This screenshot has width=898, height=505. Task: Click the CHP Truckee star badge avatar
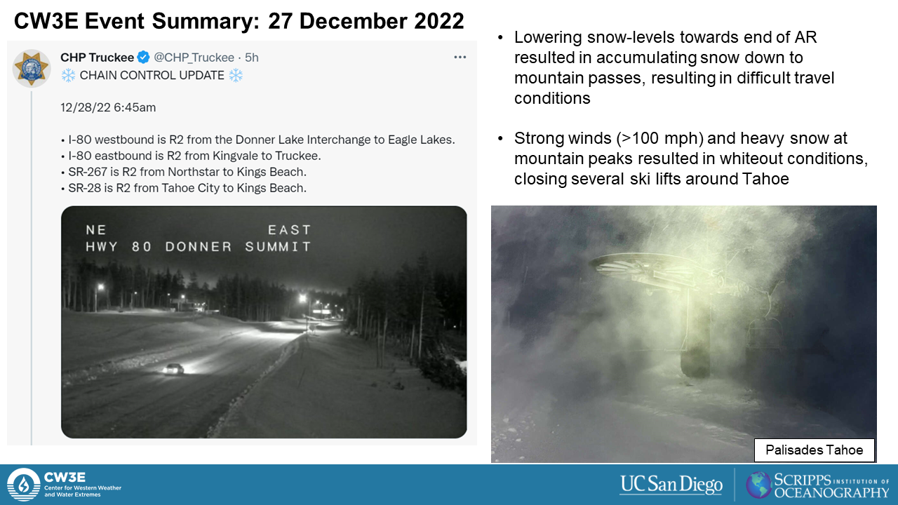click(32, 68)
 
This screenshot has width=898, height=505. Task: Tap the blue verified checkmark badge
click(144, 58)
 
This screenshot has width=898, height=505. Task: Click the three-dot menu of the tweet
click(460, 58)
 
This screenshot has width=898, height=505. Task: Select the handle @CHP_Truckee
click(194, 58)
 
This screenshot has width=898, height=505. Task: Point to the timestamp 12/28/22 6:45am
click(108, 107)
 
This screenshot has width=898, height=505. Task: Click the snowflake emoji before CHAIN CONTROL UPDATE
click(68, 75)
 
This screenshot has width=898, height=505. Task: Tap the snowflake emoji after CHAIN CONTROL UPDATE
click(236, 75)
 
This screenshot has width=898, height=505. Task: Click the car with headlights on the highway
click(173, 369)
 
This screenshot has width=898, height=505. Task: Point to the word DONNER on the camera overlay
click(199, 247)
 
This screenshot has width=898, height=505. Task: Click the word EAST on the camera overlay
click(290, 230)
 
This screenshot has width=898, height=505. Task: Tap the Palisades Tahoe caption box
click(815, 450)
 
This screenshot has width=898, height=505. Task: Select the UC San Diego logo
click(671, 484)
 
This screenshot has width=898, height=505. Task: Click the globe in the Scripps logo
click(758, 485)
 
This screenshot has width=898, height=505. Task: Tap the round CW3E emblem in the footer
click(24, 485)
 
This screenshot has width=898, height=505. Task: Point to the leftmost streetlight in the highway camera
click(100, 288)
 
